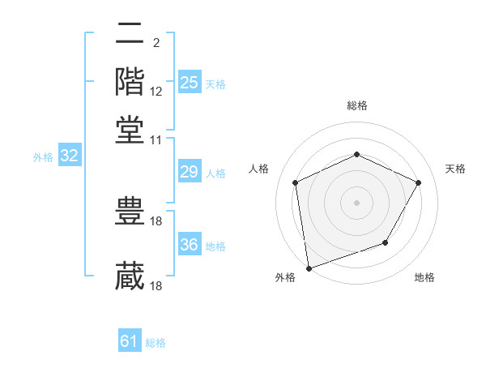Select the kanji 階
(x=130, y=81)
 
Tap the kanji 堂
(x=130, y=129)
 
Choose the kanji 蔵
(x=130, y=276)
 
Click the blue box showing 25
(x=190, y=83)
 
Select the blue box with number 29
(x=190, y=172)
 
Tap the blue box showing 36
(x=190, y=245)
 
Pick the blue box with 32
(x=70, y=156)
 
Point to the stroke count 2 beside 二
(x=156, y=42)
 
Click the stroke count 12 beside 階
(x=156, y=92)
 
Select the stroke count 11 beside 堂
(x=156, y=139)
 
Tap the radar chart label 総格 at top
(x=357, y=106)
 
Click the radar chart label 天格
(x=455, y=169)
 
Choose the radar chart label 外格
(x=285, y=278)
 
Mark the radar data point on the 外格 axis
(x=309, y=268)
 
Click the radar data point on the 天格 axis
(x=419, y=182)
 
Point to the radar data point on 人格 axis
(x=296, y=182)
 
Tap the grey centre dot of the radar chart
(x=357, y=202)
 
